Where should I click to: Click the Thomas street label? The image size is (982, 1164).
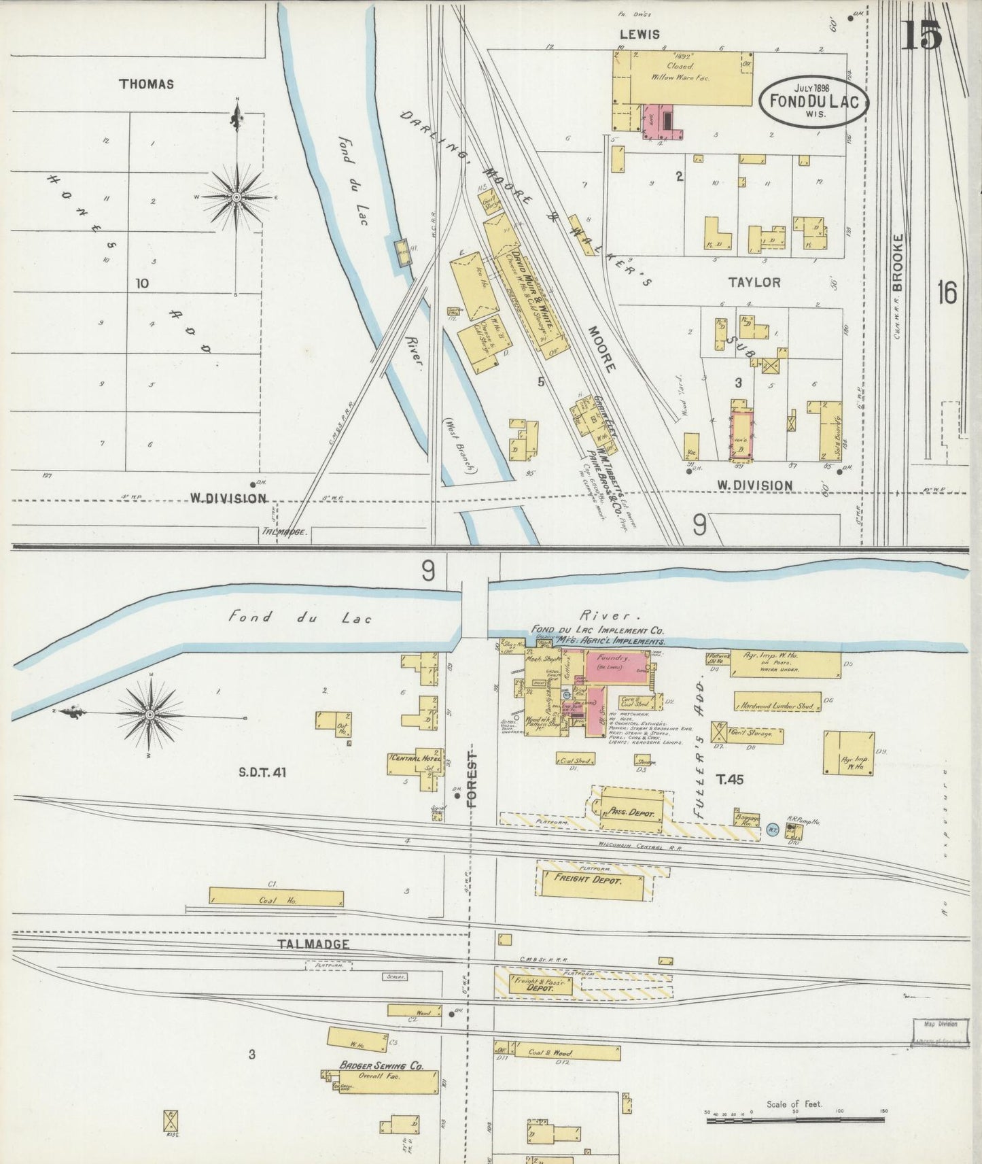point(146,84)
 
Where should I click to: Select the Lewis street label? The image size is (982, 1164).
point(639,34)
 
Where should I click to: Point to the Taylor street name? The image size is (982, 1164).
point(754,282)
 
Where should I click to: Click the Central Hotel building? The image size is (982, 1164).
point(415,762)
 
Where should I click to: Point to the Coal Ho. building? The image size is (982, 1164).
point(275,897)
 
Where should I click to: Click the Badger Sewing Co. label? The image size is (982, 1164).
point(381,1065)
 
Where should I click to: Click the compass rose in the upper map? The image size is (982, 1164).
point(236,197)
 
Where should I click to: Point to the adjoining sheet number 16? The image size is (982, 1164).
point(946,293)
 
